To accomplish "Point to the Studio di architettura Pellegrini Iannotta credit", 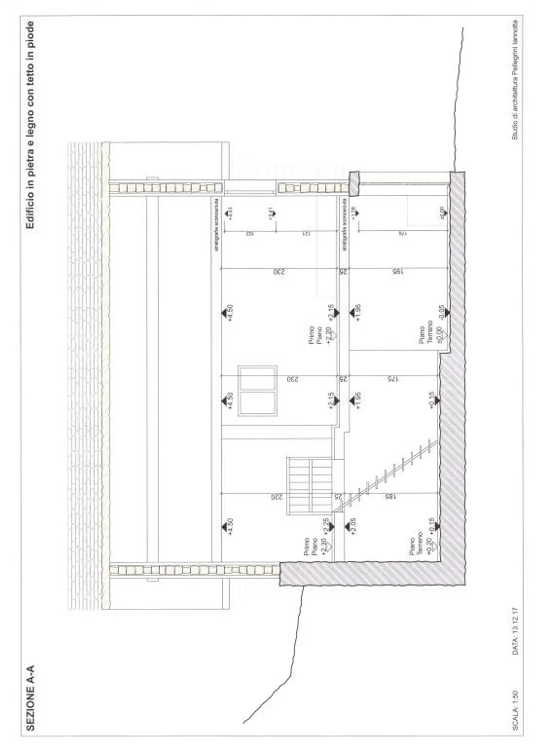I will click(x=514, y=80).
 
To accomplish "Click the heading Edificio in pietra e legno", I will click(x=31, y=125).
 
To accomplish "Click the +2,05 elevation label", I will click(x=353, y=526).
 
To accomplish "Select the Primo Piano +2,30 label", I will click(x=315, y=546).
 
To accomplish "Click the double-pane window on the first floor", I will click(x=258, y=391).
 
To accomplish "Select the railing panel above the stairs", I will click(x=310, y=485).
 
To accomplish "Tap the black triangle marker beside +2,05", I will click(x=348, y=526).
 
